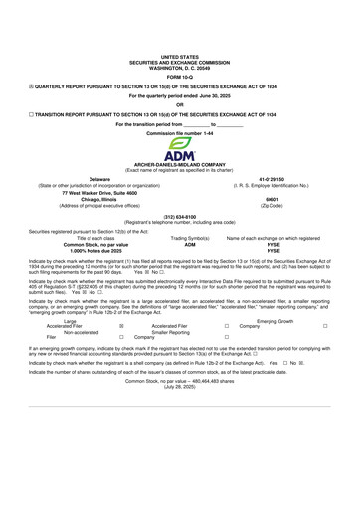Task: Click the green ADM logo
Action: pos(180,151)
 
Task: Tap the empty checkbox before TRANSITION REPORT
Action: pos(31,114)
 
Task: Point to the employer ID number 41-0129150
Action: pos(272,179)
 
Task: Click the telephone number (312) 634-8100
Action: pos(180,215)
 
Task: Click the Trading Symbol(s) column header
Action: pos(190,239)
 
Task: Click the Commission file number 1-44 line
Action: pos(180,131)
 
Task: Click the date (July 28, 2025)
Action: pos(180,389)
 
